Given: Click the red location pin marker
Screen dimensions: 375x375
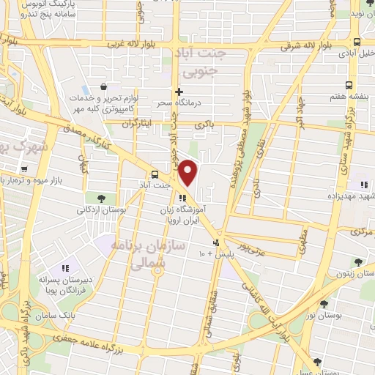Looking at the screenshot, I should (x=188, y=173).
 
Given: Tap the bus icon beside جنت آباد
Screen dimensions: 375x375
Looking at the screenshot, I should (x=155, y=174).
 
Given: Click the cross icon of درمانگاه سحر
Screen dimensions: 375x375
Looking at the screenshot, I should (x=179, y=92).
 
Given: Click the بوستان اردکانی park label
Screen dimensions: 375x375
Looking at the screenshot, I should (x=102, y=209).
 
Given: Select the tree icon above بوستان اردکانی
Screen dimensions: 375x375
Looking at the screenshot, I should (x=100, y=198).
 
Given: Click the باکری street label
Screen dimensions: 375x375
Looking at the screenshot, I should (x=204, y=125).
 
